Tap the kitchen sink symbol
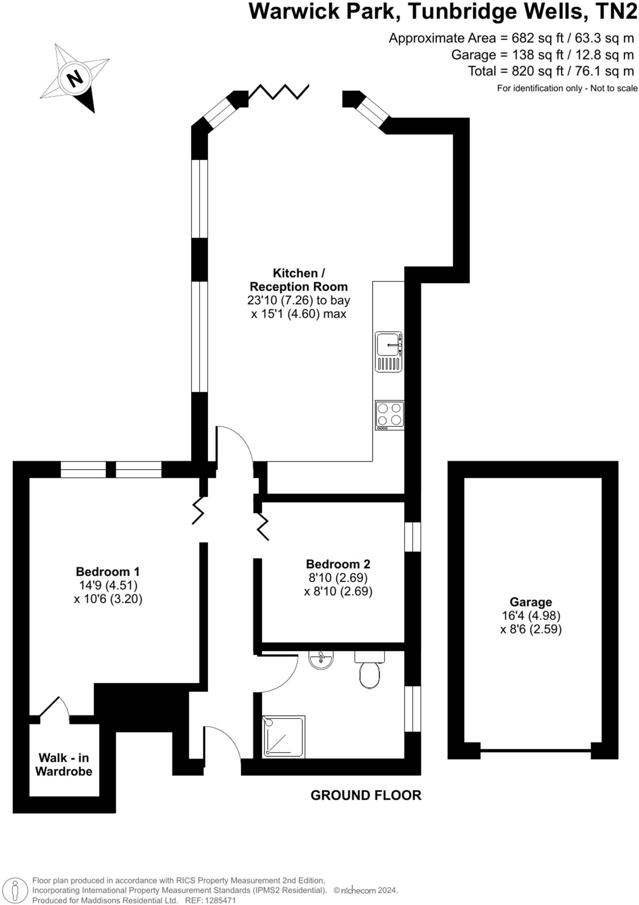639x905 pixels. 389,352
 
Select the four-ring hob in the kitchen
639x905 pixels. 389,414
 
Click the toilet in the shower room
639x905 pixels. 369,670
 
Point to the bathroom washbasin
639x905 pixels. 321,660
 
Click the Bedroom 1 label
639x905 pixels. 108,571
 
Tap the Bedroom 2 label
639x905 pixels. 338,564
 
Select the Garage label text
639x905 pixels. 531,602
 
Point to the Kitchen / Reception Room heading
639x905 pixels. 299,280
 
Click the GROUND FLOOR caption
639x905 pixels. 366,795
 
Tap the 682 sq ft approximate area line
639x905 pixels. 511,38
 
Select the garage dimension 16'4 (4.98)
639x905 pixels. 531,615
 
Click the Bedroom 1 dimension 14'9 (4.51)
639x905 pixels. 108,585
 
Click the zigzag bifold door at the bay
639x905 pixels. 278,91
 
